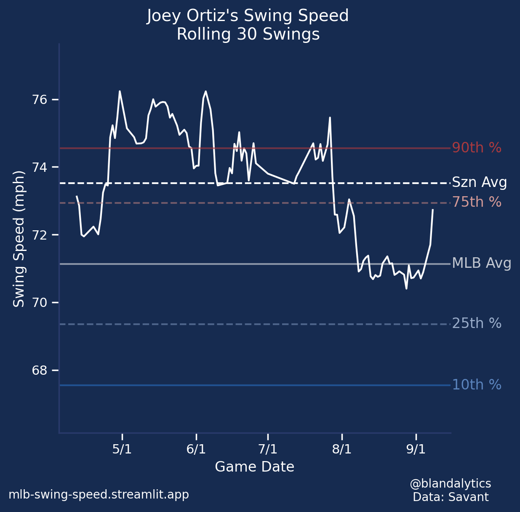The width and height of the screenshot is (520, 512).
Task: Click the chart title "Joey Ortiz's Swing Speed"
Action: pyautogui.click(x=248, y=16)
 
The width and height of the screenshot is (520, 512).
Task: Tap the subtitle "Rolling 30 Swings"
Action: pyautogui.click(x=248, y=35)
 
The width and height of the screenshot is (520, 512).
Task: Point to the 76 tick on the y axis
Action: pyautogui.click(x=40, y=100)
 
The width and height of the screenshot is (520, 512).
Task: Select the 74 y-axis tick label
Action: pyautogui.click(x=40, y=168)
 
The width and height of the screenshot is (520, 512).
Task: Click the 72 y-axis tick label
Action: pyautogui.click(x=40, y=235)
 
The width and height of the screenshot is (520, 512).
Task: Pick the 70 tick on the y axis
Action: pyautogui.click(x=40, y=303)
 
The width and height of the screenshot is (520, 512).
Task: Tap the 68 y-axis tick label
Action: pyautogui.click(x=40, y=371)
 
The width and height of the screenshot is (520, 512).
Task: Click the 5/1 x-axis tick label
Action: pyautogui.click(x=122, y=449)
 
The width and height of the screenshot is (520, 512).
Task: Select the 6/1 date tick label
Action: pyautogui.click(x=196, y=449)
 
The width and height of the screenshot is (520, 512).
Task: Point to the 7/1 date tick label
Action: pyautogui.click(x=268, y=449)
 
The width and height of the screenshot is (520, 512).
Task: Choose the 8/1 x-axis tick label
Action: pyautogui.click(x=342, y=449)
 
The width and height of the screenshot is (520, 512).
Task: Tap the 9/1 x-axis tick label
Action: pyautogui.click(x=416, y=449)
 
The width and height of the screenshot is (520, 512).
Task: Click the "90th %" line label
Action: pyautogui.click(x=476, y=148)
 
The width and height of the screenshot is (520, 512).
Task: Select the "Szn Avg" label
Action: pyautogui.click(x=479, y=183)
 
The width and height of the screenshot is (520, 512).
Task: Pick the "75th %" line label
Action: pyautogui.click(x=476, y=202)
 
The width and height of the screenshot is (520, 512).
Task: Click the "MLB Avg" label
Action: pyautogui.click(x=481, y=264)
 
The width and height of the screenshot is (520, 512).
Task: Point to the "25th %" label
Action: pyautogui.click(x=476, y=323)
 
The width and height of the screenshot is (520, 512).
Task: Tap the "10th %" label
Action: pyautogui.click(x=476, y=385)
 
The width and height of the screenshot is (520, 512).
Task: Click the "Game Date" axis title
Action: pyautogui.click(x=254, y=467)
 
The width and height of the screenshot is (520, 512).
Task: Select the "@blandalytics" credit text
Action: pyautogui.click(x=450, y=483)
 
